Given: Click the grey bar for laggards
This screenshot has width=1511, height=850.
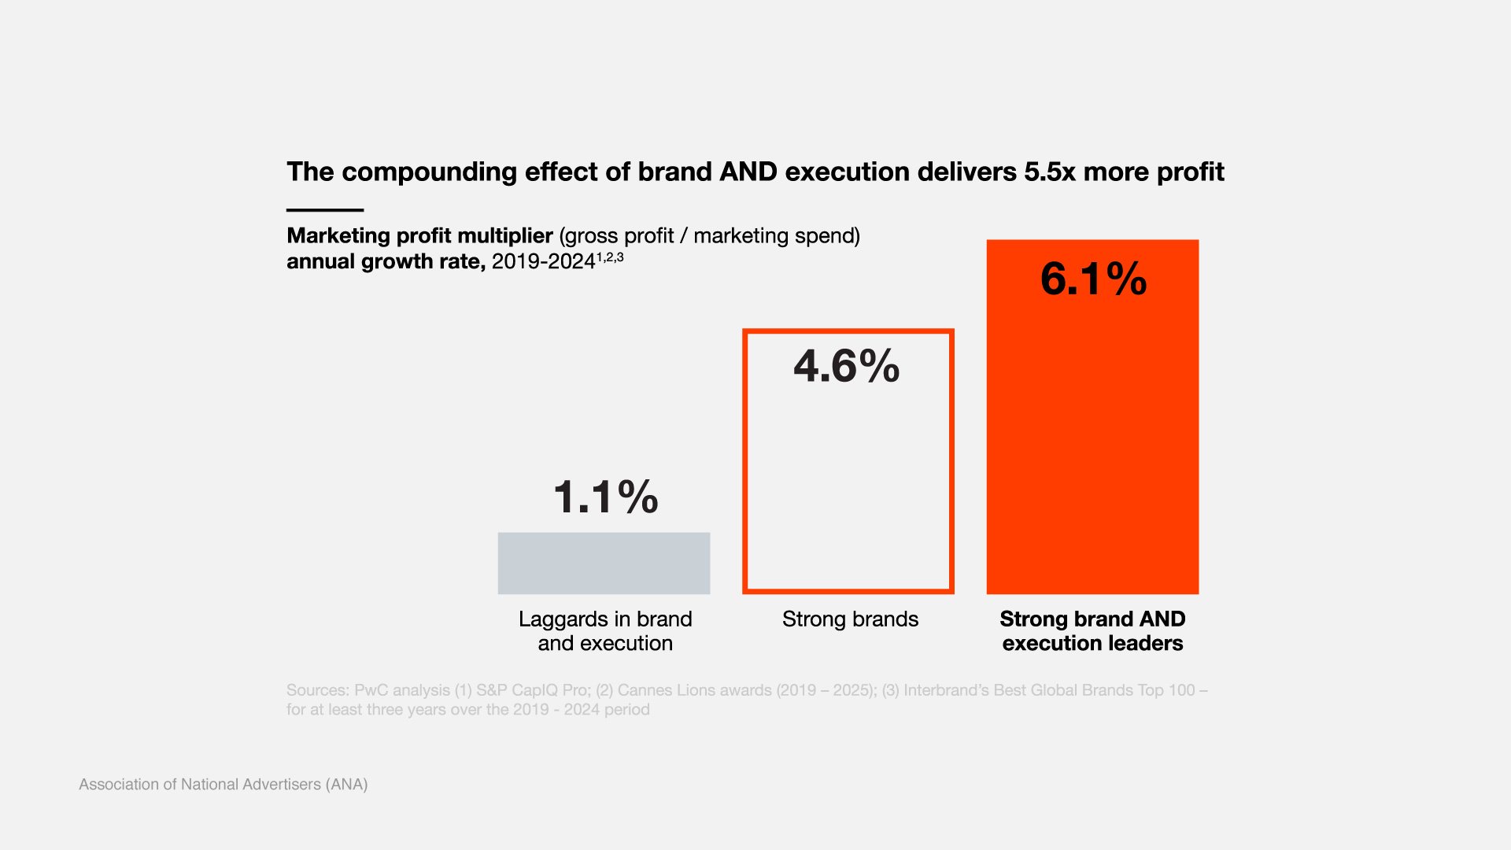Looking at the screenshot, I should coord(604,563).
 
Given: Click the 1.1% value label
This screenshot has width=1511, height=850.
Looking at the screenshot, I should coord(605,497).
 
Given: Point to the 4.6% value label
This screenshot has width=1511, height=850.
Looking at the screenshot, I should coord(846,367).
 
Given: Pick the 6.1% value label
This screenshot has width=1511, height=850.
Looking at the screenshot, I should coord(1093,279).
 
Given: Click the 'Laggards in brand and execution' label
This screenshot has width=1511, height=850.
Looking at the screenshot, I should coord(605,631).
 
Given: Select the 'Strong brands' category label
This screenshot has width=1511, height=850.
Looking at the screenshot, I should coord(850,619).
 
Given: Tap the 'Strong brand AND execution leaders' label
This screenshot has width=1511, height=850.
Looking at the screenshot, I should coord(1092,631).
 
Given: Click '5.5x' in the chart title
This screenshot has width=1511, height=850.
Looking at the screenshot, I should coord(1049,172).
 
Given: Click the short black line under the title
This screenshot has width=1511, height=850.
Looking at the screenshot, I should coord(325,210).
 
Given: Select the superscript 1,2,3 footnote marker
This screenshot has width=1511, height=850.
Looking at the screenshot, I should coord(610,257).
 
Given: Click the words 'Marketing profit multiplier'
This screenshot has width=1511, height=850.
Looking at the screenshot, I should coord(419,235).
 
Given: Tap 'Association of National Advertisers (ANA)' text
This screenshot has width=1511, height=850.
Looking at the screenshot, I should coord(224,784).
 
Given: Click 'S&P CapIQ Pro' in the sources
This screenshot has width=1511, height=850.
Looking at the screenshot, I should coord(532,690).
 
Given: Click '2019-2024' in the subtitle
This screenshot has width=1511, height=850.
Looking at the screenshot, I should coord(543,262).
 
